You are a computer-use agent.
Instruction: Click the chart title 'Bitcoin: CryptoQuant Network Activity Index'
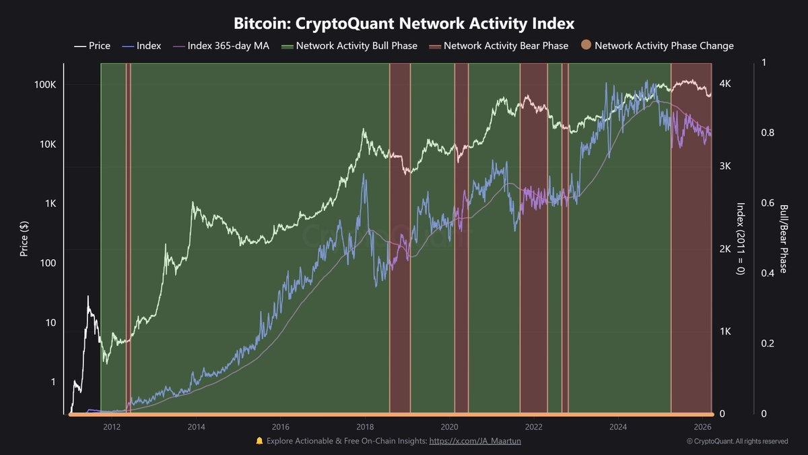tap(404, 24)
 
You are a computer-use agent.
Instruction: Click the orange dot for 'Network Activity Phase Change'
tap(586, 46)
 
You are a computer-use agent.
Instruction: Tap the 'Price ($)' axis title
tap(24, 238)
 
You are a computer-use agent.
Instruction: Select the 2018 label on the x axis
tap(365, 427)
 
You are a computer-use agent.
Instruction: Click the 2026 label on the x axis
tap(702, 427)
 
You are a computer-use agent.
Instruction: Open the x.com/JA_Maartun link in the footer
tap(475, 441)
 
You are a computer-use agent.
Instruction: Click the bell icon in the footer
tap(259, 441)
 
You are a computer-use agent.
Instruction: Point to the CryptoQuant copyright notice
tap(737, 442)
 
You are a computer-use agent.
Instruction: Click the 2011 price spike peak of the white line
tap(88, 296)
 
